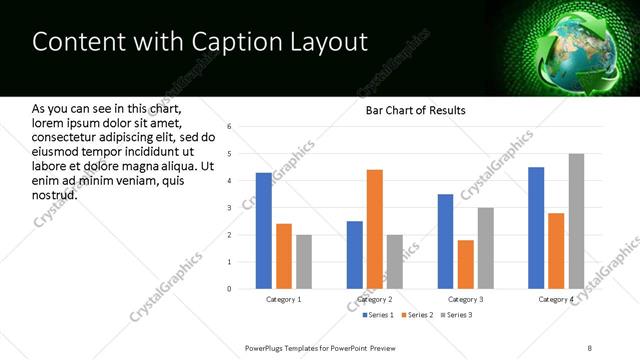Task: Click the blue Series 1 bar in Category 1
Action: [x=263, y=231]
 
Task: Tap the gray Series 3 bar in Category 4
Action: [x=576, y=221]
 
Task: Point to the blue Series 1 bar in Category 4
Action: [x=536, y=228]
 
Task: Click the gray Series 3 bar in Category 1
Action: [x=303, y=262]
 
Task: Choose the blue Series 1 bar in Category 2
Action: [x=355, y=255]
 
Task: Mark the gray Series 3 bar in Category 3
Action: [x=486, y=248]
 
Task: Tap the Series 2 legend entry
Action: [x=415, y=316]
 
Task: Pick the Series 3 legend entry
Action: [x=457, y=316]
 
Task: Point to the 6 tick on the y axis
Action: [x=229, y=127]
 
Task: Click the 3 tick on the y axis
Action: [x=229, y=208]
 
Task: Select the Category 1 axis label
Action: [x=283, y=300]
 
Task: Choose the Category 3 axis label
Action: [x=466, y=300]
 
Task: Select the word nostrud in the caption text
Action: [x=55, y=194]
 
